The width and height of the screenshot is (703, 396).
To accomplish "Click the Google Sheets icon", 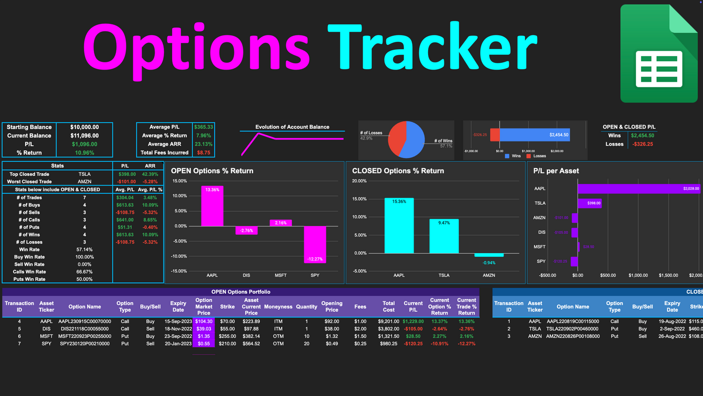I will tap(659, 54).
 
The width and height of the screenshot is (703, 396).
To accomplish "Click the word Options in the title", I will tap(196, 48).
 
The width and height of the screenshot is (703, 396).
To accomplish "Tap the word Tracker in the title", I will tap(432, 48).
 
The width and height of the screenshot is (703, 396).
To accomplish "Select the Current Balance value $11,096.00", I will tap(84, 136).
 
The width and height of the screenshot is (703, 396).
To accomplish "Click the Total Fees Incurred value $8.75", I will tap(203, 153).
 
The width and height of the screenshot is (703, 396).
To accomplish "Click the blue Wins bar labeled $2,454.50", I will tap(534, 135).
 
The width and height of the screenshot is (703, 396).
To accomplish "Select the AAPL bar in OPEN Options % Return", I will tap(212, 206).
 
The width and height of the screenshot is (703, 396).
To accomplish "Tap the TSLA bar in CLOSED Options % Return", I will tap(444, 236).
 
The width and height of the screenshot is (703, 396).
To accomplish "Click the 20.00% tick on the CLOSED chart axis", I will tap(359, 181).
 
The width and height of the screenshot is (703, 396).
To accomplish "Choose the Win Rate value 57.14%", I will tap(84, 249).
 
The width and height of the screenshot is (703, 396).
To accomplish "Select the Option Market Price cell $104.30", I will tap(203, 321).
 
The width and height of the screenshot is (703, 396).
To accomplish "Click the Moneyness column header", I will tap(278, 307).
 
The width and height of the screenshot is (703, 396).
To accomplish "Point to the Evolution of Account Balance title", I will tap(292, 127).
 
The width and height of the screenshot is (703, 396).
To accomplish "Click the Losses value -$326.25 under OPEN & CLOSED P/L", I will tap(642, 144).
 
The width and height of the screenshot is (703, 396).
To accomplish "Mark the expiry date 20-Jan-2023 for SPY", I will tap(178, 344).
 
